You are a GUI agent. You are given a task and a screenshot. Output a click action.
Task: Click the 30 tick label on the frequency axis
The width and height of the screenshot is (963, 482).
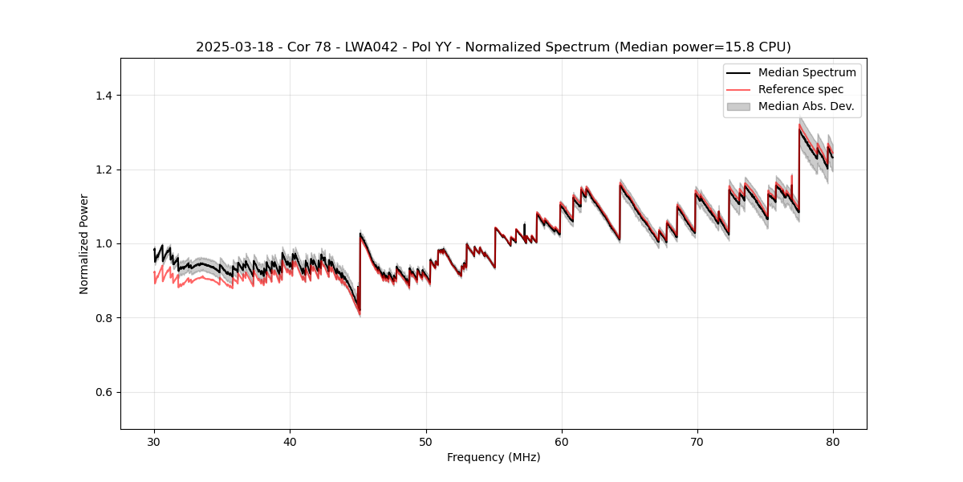point(155,442)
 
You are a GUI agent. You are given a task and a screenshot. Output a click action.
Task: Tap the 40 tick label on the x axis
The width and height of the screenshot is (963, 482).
point(291,442)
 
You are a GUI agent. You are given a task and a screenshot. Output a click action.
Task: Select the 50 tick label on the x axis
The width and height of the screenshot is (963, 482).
point(426,442)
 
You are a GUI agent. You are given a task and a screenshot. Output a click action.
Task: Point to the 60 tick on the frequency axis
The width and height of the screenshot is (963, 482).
point(562,442)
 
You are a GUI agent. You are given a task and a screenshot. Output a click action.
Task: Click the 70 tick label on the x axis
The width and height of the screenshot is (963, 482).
point(697,442)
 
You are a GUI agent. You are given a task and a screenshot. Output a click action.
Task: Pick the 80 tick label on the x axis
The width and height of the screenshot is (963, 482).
point(833,442)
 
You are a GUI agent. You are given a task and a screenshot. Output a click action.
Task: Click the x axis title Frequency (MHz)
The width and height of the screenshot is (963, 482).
point(494,457)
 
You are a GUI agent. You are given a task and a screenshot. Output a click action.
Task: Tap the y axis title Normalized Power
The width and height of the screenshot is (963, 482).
point(83,243)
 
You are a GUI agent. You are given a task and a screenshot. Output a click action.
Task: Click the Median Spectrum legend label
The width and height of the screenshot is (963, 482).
point(807,72)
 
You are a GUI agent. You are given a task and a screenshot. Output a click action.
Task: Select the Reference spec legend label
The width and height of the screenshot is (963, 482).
point(801,89)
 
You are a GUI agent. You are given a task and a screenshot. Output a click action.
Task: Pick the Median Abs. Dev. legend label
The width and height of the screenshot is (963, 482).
point(806,106)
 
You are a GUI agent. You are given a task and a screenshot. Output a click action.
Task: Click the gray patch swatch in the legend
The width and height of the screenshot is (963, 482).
point(738,106)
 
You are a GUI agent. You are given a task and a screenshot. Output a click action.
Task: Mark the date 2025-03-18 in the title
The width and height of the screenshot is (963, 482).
point(229,47)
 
